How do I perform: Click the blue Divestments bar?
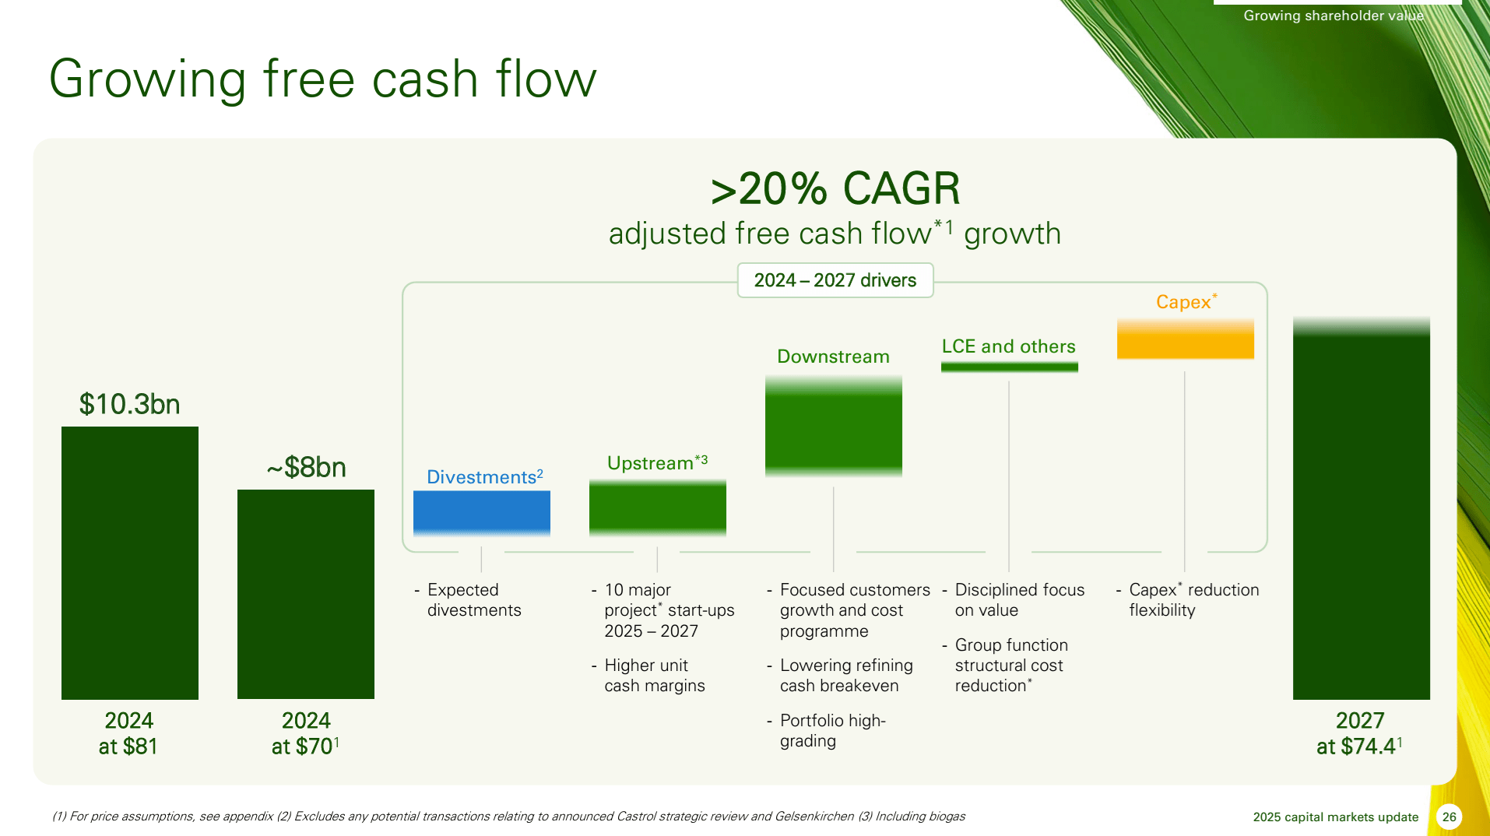(481, 512)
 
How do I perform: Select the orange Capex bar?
(1185, 339)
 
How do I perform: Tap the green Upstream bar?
(657, 508)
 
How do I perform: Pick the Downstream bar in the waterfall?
(833, 425)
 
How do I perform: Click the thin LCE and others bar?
(1009, 367)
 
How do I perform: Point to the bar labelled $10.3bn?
(129, 562)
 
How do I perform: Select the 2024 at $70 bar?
(305, 593)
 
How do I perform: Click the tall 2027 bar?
(1361, 510)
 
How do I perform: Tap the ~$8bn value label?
(306, 468)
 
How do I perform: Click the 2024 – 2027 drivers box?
(835, 280)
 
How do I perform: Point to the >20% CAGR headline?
(835, 188)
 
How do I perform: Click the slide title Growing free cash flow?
(322, 79)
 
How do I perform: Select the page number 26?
(1449, 817)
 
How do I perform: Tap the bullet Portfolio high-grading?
(831, 730)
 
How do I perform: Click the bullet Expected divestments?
(473, 600)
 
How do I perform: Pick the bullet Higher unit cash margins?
(654, 676)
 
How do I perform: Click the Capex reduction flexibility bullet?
(1193, 600)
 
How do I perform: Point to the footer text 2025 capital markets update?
(1335, 817)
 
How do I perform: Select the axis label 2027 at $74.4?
(1359, 733)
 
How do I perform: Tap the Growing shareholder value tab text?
(1333, 16)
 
